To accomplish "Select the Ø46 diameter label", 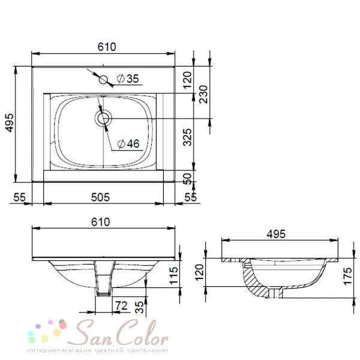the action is pos(128,144).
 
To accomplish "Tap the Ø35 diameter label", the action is pos(128,79).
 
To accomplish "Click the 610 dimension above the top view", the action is pos(107,47).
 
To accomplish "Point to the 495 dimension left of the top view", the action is pos(10,123).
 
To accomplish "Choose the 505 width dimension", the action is pos(101,197).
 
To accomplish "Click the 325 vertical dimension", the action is pos(187,137).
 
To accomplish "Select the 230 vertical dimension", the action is pos(203,94).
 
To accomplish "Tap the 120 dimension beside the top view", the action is pos(187,80).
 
